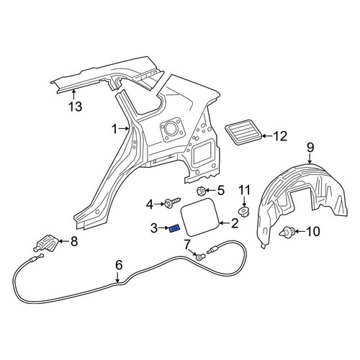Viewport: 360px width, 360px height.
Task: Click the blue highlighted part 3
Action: [174, 229]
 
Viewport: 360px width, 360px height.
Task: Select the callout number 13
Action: [76, 107]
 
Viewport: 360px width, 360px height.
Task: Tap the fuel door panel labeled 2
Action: [199, 217]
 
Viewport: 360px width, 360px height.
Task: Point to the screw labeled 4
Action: [172, 203]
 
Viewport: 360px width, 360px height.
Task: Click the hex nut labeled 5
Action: [201, 192]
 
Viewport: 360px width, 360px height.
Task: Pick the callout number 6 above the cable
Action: [119, 265]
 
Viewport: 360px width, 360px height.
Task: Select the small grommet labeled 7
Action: [199, 258]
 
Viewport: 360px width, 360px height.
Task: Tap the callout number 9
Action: [310, 148]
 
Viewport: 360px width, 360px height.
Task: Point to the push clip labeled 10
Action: [287, 232]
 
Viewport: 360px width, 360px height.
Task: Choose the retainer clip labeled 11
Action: [244, 212]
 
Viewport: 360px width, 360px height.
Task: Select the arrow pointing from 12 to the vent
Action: [266, 136]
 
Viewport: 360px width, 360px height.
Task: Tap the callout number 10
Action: [313, 232]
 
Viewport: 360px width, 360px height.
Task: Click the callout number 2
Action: [234, 223]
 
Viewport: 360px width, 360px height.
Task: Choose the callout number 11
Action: [244, 190]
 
